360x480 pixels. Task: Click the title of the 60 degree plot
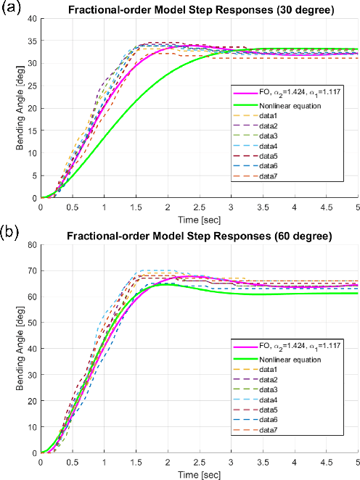point(199,236)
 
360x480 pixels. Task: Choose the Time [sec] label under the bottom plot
point(199,473)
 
